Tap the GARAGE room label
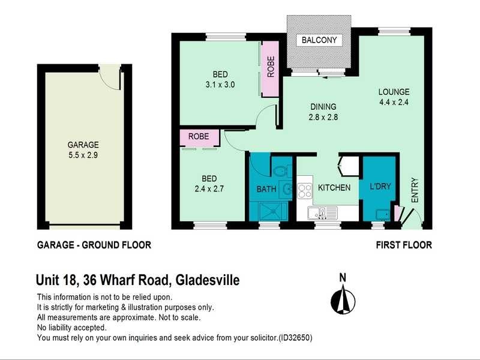pyautogui.click(x=83, y=145)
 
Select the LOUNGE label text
pyautogui.click(x=394, y=92)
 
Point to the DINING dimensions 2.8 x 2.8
pyautogui.click(x=323, y=118)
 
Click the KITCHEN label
pyautogui.click(x=334, y=188)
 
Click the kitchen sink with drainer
pyautogui.click(x=319, y=212)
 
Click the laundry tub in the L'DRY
pyautogui.click(x=380, y=214)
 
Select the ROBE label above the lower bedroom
pyautogui.click(x=199, y=137)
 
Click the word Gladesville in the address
pyautogui.click(x=207, y=280)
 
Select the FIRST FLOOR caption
pyautogui.click(x=404, y=245)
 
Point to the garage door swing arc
pyautogui.click(x=109, y=76)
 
